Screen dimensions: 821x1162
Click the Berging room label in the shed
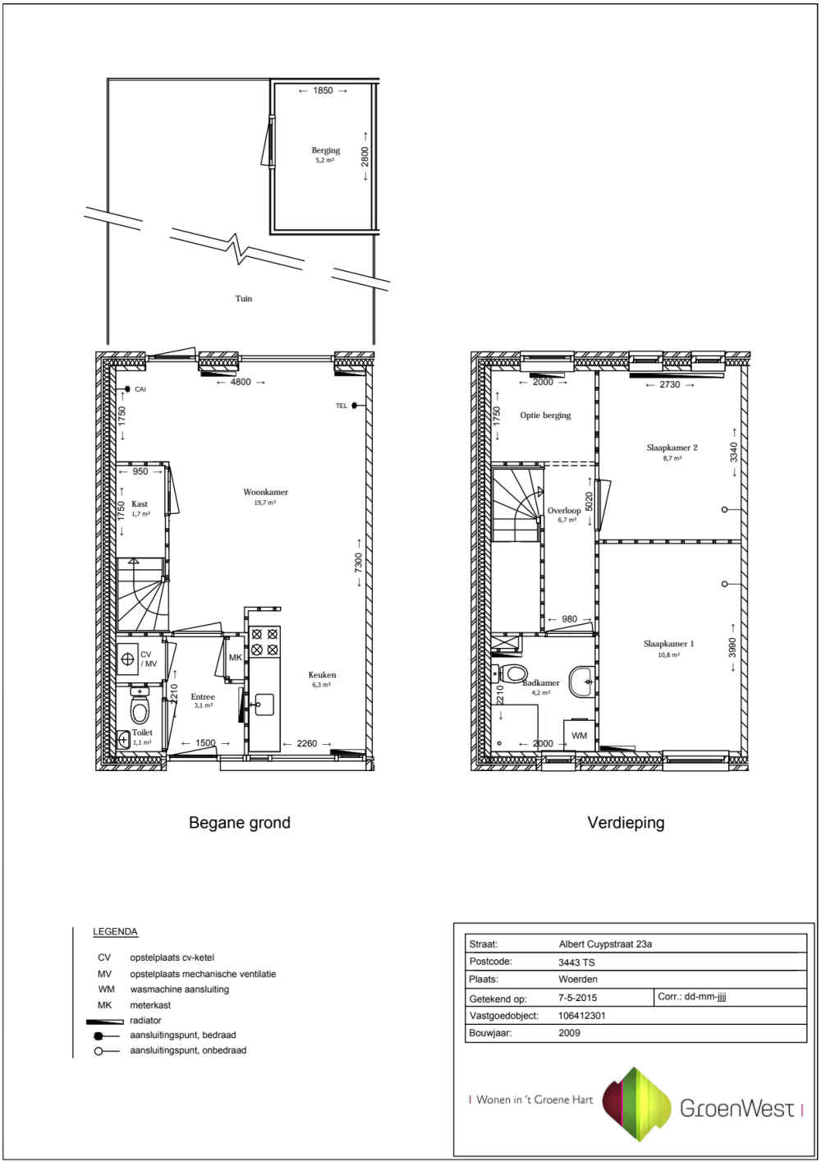[326, 150]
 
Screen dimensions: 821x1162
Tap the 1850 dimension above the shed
[323, 91]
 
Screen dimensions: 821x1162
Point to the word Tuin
[244, 298]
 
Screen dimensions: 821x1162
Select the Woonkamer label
[265, 492]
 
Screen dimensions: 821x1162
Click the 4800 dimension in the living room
[241, 382]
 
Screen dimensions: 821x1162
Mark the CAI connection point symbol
[127, 388]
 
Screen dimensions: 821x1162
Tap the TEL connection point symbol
[355, 405]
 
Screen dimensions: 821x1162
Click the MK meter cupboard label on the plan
[236, 657]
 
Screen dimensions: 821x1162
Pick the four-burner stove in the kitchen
[264, 641]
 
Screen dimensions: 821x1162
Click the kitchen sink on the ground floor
[265, 704]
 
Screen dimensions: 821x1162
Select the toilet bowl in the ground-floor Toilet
[140, 705]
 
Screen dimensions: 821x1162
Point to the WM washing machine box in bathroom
[580, 734]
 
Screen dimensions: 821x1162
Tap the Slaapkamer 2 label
[672, 448]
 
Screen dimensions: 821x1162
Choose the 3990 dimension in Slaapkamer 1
[732, 647]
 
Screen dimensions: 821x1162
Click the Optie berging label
[546, 415]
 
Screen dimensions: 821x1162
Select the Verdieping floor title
[626, 822]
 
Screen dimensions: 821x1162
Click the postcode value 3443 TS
[576, 962]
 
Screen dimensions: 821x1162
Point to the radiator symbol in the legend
[105, 1022]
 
